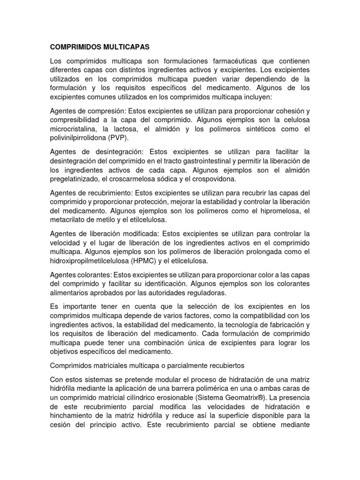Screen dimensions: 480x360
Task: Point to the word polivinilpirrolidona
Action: (x=79, y=139)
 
